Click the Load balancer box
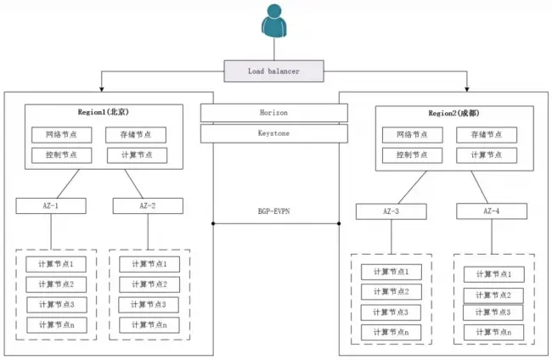pos(274,70)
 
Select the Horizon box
pos(274,112)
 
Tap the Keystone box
pos(274,133)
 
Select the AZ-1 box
pos(51,205)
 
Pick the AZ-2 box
pos(148,205)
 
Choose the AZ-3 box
pos(391,211)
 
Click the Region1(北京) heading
pos(104,112)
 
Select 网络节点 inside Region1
pos(61,134)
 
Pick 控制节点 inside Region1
pos(61,155)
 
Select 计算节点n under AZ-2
pos(149,324)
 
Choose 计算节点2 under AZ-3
pos(391,291)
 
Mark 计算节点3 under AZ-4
pos(493,312)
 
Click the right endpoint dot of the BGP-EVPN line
pos(339,223)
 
